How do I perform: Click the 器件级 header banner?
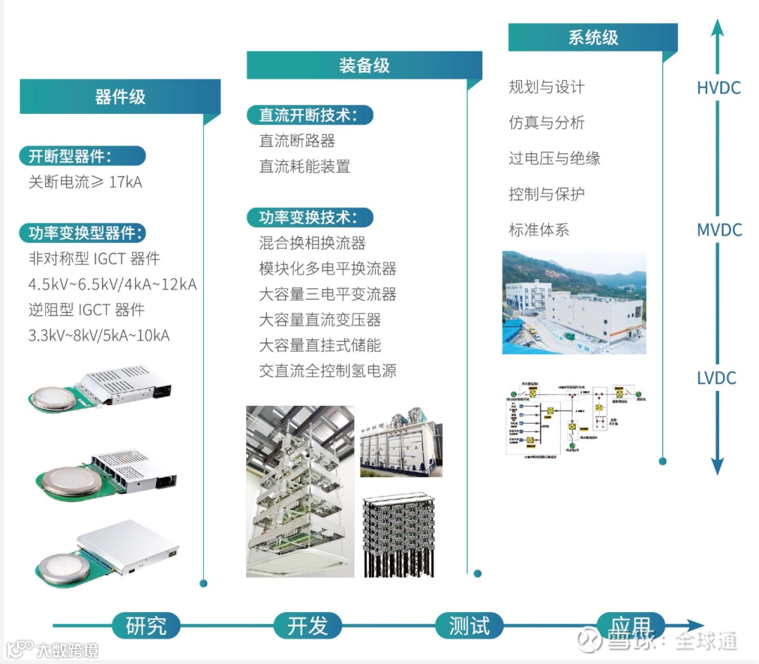[x=119, y=97]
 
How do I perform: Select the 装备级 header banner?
[x=363, y=66]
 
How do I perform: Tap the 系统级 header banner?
[x=592, y=38]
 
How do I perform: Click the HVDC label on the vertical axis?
[x=718, y=88]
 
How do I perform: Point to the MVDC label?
[x=719, y=230]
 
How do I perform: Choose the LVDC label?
[x=716, y=378]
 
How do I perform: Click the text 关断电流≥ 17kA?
[x=85, y=182]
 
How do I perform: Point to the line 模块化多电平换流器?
[x=327, y=269]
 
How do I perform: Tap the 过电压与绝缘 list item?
[x=554, y=158]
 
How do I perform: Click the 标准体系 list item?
[x=538, y=230]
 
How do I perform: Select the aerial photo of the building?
[x=573, y=302]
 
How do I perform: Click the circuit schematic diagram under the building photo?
[x=573, y=419]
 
